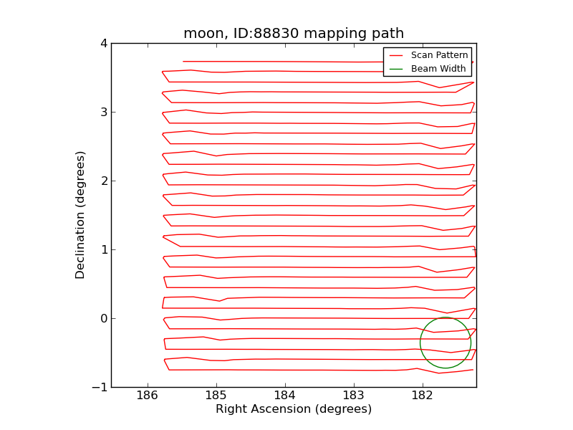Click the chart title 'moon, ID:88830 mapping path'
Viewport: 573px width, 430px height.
294,34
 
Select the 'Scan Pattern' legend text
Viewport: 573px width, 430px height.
439,55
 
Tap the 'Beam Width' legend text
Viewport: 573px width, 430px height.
438,69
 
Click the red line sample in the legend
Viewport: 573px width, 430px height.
396,55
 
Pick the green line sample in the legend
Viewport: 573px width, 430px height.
396,69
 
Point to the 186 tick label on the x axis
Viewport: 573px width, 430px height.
147,395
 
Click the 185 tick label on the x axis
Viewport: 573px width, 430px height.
216,395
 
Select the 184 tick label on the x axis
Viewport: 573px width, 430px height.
284,395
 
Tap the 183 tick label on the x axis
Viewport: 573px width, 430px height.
353,395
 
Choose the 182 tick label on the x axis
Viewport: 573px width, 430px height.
422,395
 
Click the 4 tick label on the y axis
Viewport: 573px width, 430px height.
104,44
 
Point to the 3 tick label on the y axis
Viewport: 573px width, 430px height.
104,113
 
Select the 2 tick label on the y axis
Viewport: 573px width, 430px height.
104,181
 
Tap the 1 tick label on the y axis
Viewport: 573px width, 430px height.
104,250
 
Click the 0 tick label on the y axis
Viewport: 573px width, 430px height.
104,319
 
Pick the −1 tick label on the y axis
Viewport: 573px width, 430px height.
100,388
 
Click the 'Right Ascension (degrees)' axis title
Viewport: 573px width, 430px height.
294,409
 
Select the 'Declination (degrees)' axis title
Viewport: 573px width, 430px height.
81,215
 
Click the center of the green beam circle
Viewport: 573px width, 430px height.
446,343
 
